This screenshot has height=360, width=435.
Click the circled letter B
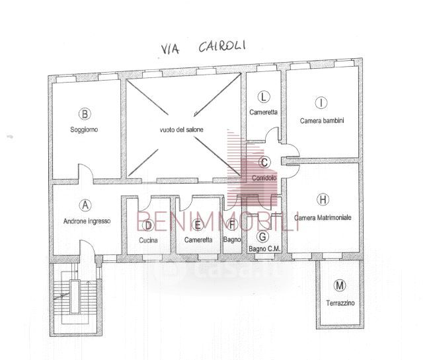(85, 114)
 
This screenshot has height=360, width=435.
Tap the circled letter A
(85, 206)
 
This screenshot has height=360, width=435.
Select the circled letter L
(264, 97)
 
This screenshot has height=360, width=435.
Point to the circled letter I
(321, 102)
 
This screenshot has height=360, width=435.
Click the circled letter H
(323, 199)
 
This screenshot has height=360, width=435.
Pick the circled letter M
(340, 286)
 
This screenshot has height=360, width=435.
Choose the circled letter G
(263, 236)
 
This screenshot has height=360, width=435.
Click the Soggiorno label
(85, 130)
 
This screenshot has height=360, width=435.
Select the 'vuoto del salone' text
(181, 130)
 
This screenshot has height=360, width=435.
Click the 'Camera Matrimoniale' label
(323, 217)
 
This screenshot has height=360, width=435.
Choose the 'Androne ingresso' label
(87, 221)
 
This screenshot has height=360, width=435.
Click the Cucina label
(148, 240)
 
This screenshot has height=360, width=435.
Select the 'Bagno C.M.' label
(264, 249)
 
